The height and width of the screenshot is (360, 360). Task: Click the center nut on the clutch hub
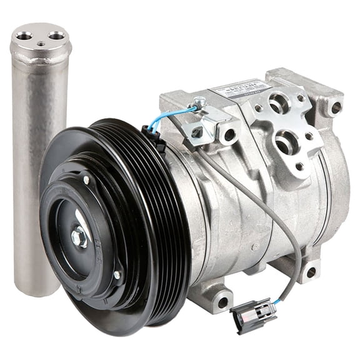click(x=79, y=236)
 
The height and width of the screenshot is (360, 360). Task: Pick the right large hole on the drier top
click(x=57, y=36)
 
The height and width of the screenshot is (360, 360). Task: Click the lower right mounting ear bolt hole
click(x=310, y=272)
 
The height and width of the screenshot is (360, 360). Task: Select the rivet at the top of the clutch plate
click(x=86, y=180)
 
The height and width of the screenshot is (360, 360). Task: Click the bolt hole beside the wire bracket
click(x=229, y=134)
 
